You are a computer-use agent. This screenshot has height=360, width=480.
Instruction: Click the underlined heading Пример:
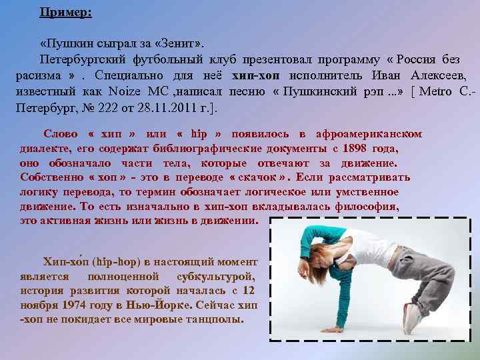click(x=66, y=12)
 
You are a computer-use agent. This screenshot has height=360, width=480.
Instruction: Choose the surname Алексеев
click(x=438, y=75)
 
